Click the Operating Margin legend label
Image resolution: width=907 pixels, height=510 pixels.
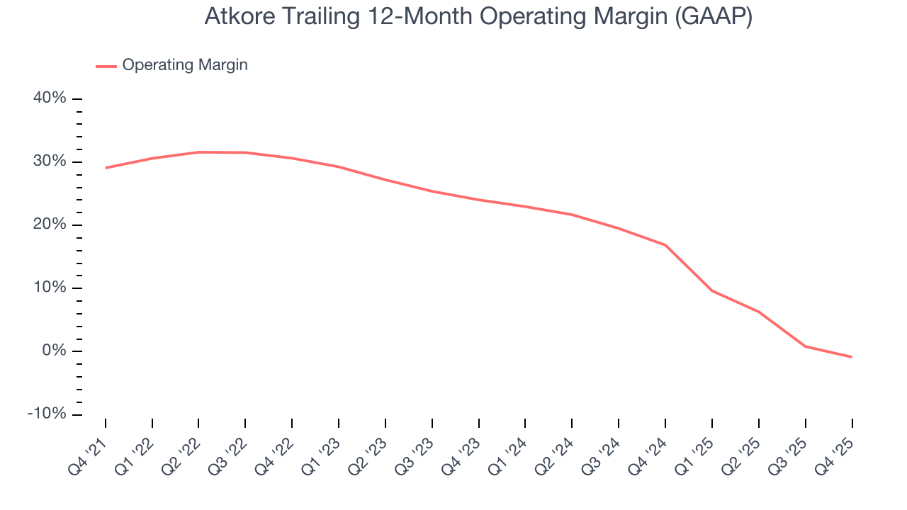185,65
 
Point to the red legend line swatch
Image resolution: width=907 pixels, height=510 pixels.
106,66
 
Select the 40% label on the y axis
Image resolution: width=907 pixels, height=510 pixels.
50,98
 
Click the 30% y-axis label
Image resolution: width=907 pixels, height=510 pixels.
50,161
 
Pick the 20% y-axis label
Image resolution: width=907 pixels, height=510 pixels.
50,225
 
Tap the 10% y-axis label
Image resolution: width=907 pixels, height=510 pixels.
50,288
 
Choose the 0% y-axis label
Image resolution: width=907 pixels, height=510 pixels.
54,351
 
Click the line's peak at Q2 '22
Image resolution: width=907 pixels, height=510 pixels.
199,152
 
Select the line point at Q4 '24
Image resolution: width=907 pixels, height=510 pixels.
665,245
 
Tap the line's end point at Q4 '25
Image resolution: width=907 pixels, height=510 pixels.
851,357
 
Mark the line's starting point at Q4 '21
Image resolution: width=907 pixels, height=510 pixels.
106,168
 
